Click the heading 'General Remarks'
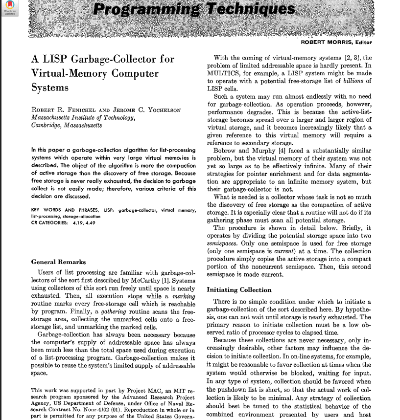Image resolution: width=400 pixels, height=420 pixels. point(58,262)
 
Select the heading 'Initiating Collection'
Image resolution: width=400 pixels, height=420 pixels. point(239,289)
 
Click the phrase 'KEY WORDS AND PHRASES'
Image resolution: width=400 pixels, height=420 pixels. point(64,211)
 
